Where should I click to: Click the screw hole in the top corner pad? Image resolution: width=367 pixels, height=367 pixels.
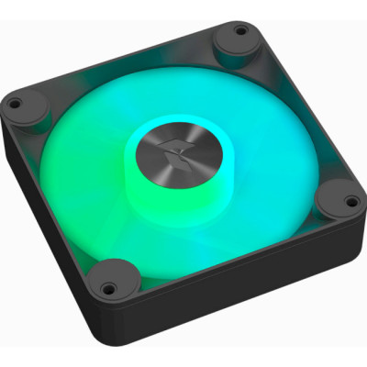pyautogui.click(x=240, y=32)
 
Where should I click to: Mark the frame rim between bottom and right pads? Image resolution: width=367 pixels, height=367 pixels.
pyautogui.click(x=239, y=257)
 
